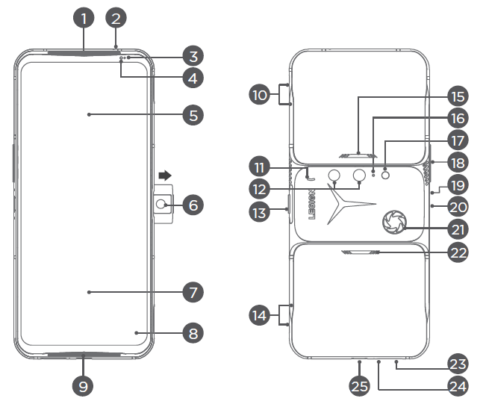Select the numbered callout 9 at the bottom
click(84, 386)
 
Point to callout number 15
click(458, 97)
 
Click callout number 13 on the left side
click(260, 212)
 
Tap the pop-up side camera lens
click(161, 204)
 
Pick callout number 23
click(458, 364)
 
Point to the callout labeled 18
click(458, 162)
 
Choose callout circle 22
click(458, 252)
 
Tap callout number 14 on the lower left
click(260, 315)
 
